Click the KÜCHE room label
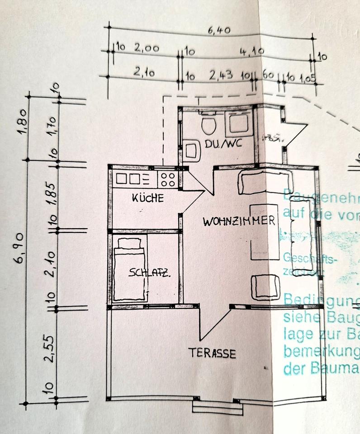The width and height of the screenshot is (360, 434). click(147, 198)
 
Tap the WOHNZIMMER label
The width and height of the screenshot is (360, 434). click(239, 221)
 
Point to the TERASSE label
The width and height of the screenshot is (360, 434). click(212, 353)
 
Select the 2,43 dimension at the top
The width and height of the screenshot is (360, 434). click(221, 75)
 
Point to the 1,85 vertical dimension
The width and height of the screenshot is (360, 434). click(53, 193)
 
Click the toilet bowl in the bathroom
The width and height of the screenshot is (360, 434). click(208, 125)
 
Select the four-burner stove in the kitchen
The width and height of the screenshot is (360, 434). click(167, 179)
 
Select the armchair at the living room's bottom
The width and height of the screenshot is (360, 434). click(266, 286)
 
